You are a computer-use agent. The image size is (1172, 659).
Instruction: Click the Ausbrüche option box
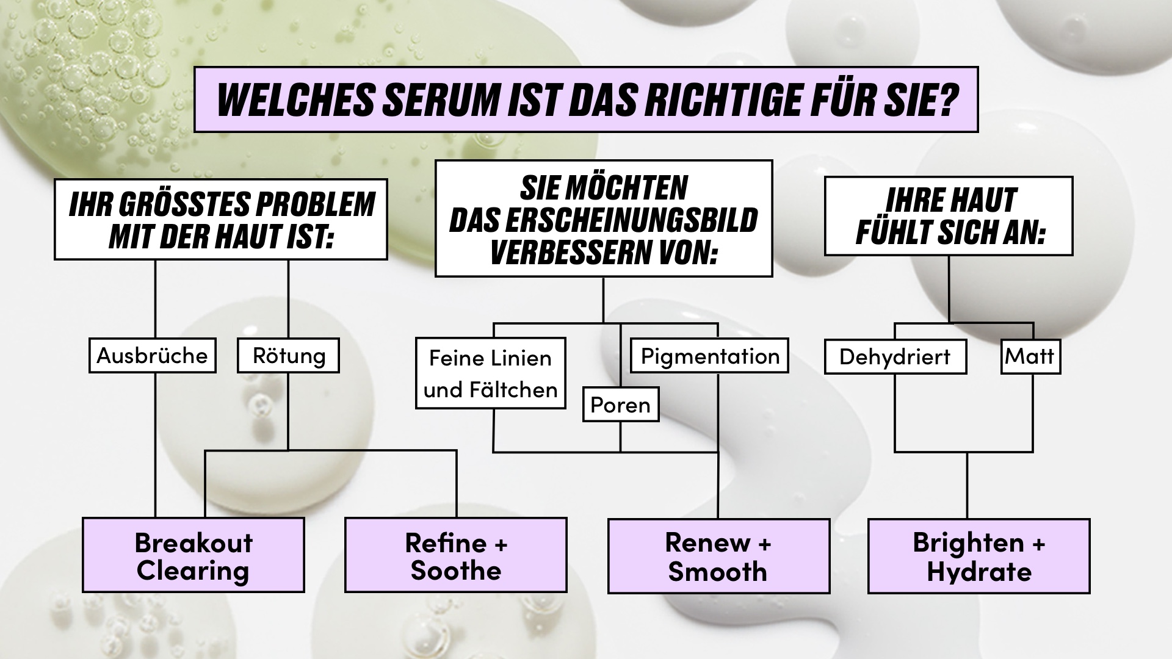point(153,355)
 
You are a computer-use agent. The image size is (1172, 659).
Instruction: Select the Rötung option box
point(288,355)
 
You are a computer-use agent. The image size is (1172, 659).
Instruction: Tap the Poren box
point(621,405)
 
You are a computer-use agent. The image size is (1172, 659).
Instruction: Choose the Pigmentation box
point(711,355)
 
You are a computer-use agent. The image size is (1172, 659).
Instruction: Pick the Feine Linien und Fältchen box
point(491,373)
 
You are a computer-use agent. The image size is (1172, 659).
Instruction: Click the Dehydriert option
point(895,356)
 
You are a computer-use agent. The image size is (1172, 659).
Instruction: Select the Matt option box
point(1030,356)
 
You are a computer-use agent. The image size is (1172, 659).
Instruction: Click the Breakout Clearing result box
point(194,555)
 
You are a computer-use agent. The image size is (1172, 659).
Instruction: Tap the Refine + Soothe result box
point(456,555)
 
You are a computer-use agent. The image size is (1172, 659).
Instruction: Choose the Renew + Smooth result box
point(718,556)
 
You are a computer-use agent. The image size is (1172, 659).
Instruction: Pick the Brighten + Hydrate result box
point(979,556)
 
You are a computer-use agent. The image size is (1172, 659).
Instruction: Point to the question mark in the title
point(944,99)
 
